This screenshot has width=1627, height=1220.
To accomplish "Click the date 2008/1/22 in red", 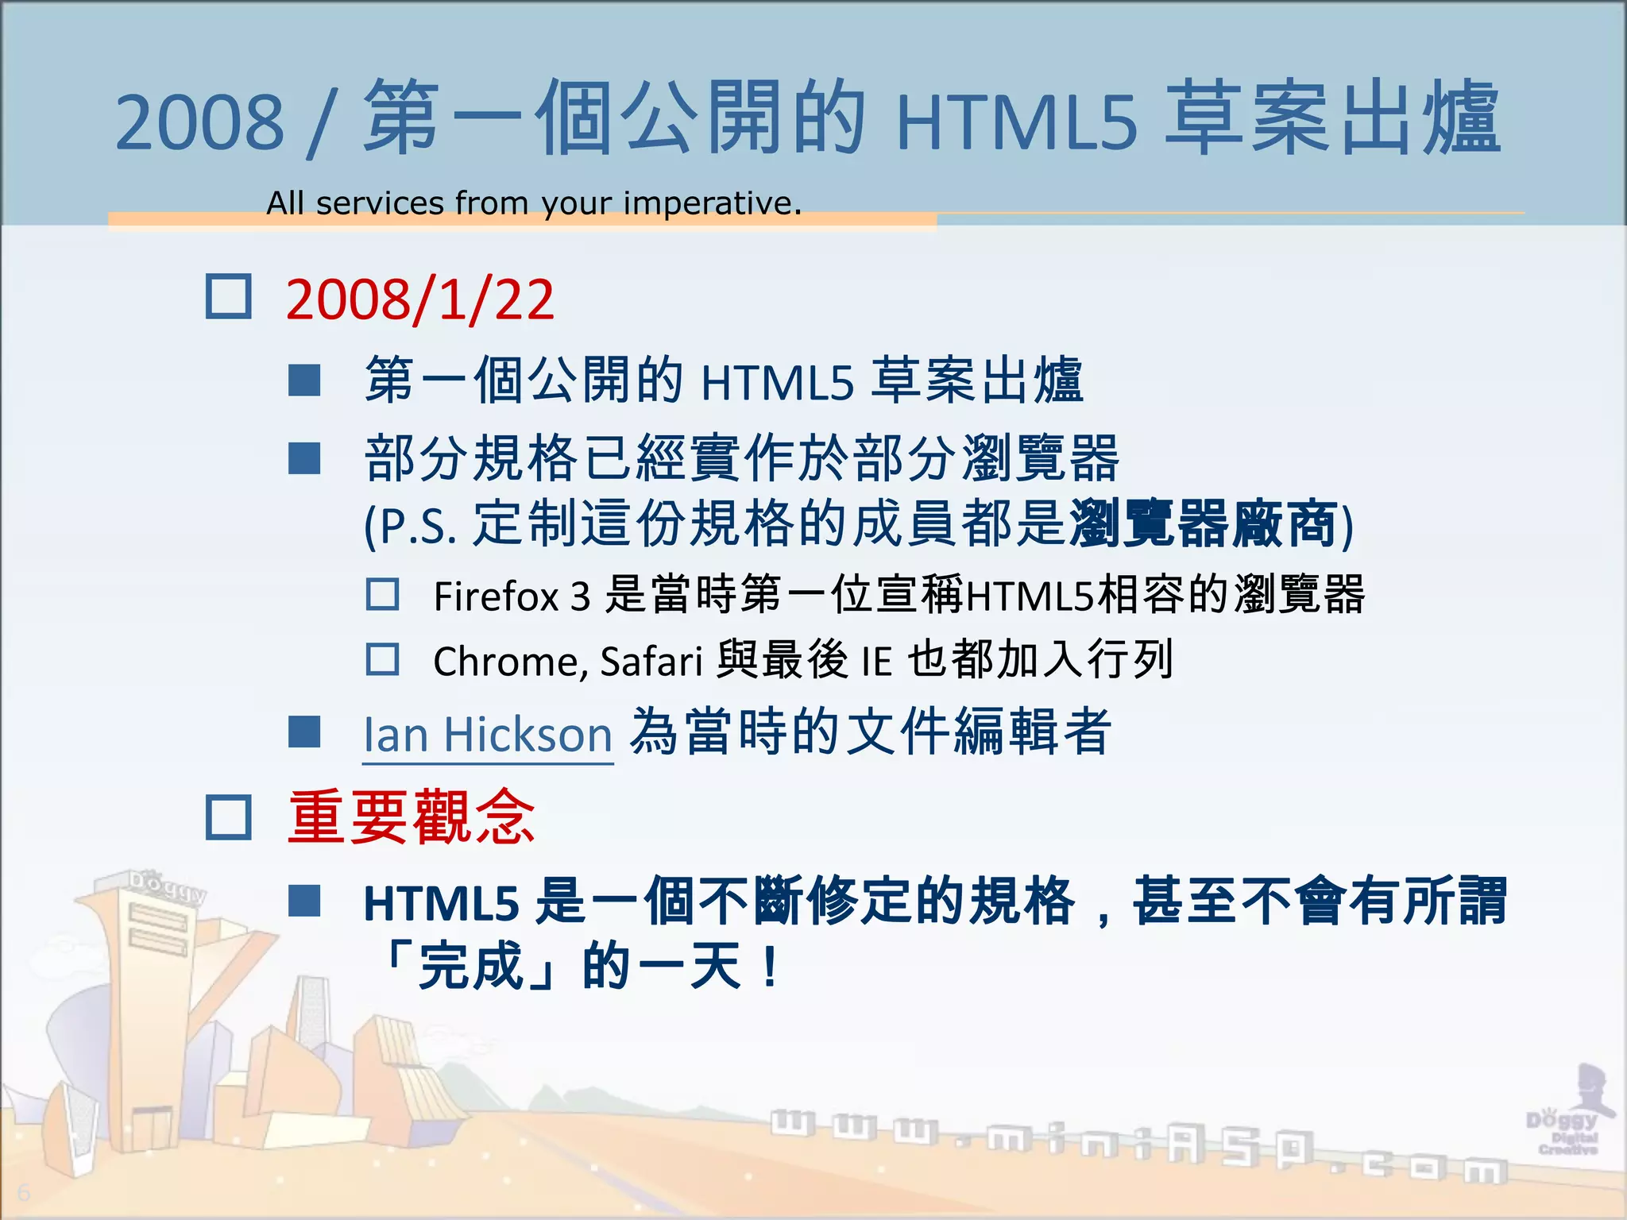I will pos(419,299).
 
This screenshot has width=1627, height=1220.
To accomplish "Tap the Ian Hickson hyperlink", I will pos(487,734).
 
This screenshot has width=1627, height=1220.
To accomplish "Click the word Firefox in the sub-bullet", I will pos(496,596).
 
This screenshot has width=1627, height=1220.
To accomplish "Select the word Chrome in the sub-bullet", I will pos(508,661).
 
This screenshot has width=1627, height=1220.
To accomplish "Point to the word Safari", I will pos(651,661).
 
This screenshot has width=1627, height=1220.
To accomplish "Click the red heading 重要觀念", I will pos(411,817).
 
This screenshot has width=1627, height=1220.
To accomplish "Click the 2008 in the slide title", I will pos(199,122).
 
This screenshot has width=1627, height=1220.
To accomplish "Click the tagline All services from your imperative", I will pos(533,203).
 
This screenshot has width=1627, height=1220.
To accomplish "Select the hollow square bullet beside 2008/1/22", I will pos(229,297).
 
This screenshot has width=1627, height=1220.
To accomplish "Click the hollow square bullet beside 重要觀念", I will pos(229,817).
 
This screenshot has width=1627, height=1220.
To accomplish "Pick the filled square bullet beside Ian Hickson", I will pos(304,732).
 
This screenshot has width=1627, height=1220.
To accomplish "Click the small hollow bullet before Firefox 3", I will pos(382,594).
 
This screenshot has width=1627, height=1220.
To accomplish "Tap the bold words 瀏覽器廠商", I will pos(1203,524).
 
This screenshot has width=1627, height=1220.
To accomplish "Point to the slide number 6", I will pos(23,1192).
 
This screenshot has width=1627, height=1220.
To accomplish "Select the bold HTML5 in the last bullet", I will pos(441,904).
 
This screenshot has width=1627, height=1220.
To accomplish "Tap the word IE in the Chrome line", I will pos(877,661).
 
